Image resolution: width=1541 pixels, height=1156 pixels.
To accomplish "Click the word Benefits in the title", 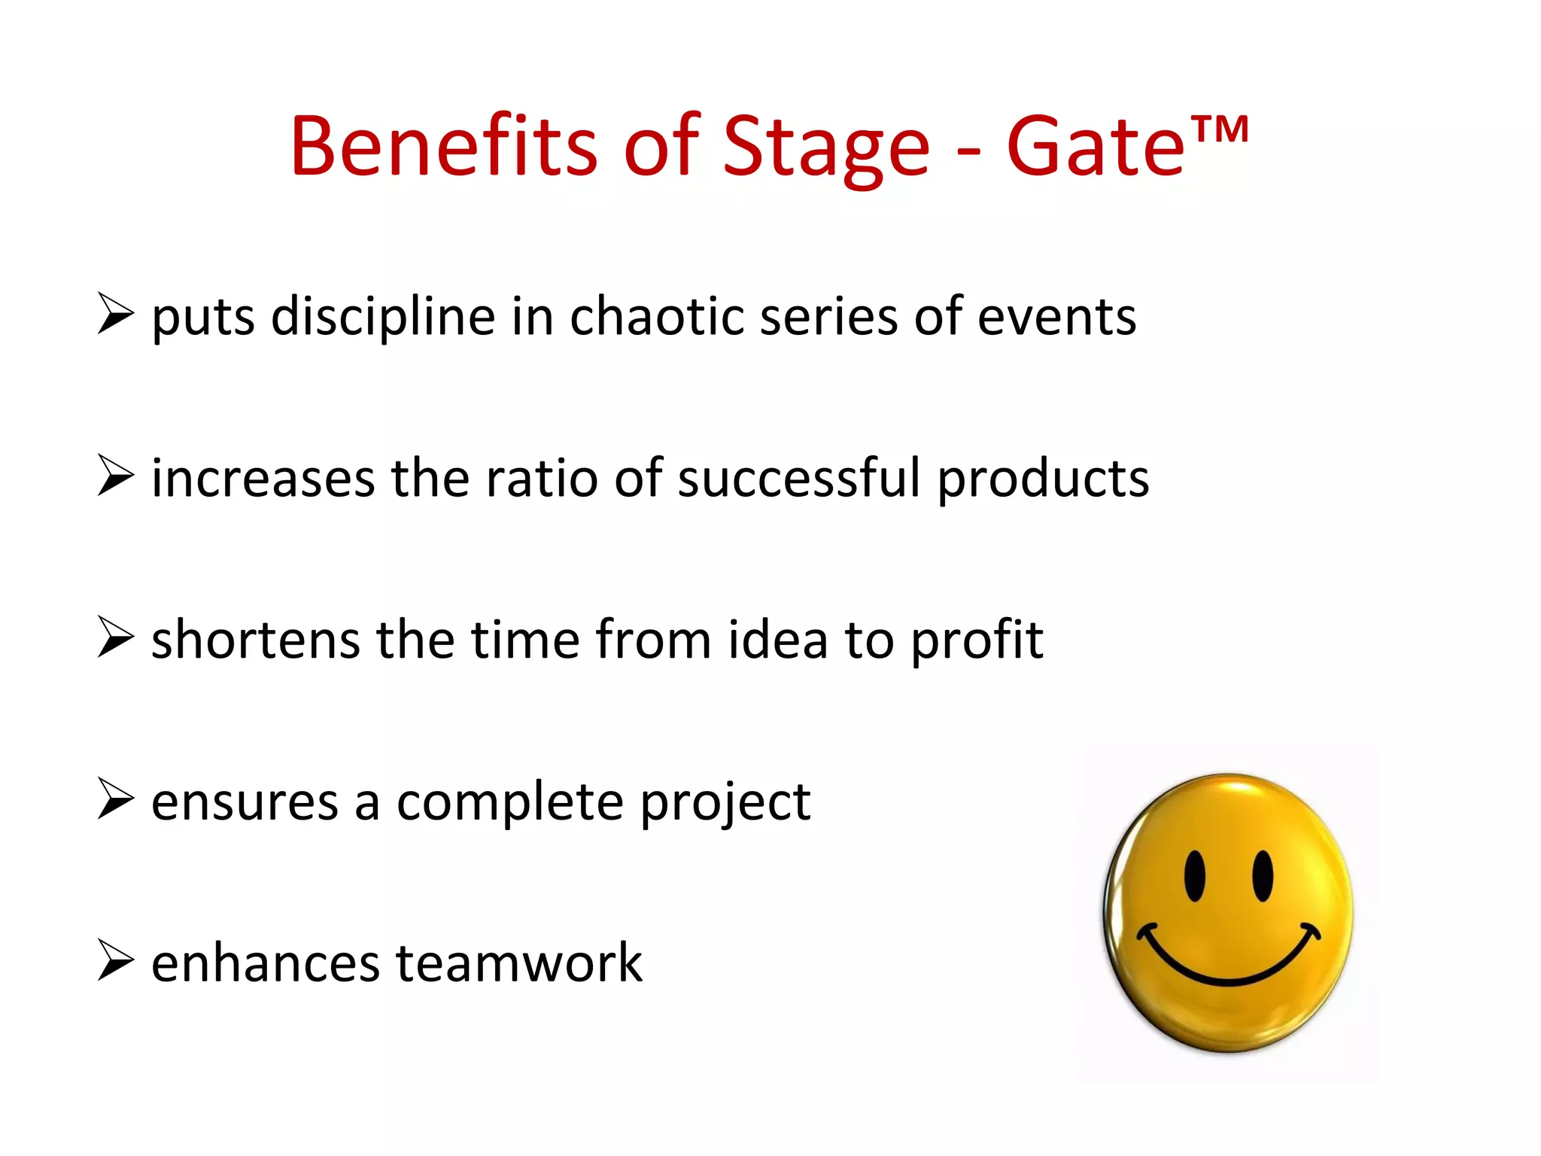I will pyautogui.click(x=444, y=147).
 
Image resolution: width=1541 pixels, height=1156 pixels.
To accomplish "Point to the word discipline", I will pyautogui.click(x=383, y=316).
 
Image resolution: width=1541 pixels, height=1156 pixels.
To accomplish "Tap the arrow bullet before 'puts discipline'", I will pyautogui.click(x=115, y=314).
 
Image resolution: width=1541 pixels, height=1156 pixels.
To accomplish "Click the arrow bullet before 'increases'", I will pyautogui.click(x=115, y=476).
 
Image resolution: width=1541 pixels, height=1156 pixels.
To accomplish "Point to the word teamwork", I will pyautogui.click(x=519, y=963).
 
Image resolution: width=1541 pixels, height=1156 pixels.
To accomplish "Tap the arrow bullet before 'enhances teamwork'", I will pyautogui.click(x=115, y=960).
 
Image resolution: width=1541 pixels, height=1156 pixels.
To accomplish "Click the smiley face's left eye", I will pyautogui.click(x=1194, y=876).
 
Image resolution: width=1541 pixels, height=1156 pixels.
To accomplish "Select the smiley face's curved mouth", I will pyautogui.click(x=1226, y=971).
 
